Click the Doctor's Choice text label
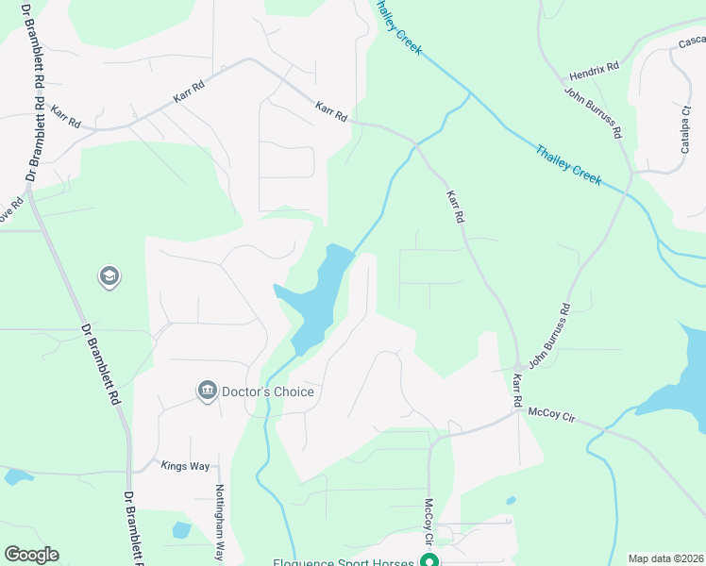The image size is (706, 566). [267, 391]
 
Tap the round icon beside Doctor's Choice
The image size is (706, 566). [207, 391]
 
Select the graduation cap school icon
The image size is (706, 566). [109, 276]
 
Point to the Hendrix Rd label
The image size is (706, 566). [594, 72]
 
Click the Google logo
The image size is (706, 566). [31, 555]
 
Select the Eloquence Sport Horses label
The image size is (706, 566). [344, 562]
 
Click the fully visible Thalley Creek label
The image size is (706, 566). [567, 164]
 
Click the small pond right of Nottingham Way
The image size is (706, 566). [181, 529]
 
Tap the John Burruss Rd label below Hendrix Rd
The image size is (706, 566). [594, 113]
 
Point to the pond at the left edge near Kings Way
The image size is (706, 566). [17, 477]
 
